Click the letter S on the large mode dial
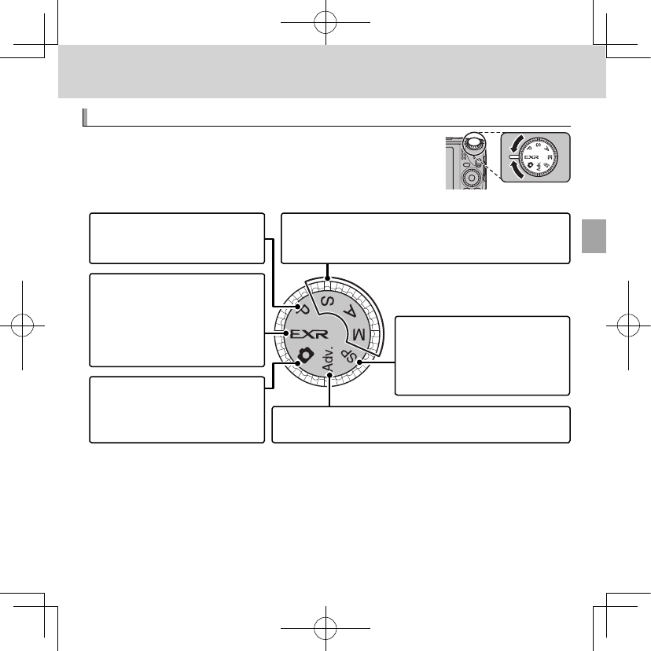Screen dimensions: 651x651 click(323, 303)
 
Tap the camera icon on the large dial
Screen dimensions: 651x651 click(307, 355)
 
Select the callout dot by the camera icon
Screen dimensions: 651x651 click(297, 364)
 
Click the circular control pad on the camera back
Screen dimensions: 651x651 click(470, 178)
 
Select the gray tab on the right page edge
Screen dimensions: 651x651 click(594, 235)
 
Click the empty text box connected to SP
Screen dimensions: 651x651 click(482, 355)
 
